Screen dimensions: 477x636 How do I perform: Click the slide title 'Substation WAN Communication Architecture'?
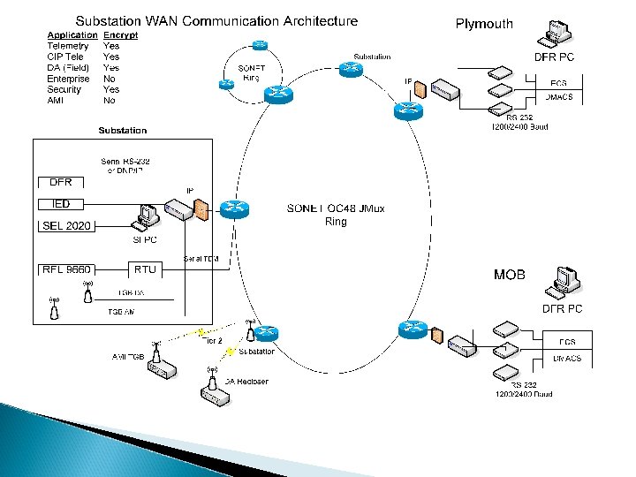(x=216, y=20)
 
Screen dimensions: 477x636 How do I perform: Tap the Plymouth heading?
(x=484, y=24)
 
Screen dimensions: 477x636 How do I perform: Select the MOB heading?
(x=509, y=275)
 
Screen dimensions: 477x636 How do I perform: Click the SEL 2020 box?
(x=67, y=226)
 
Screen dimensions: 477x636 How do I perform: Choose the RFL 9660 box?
(x=67, y=269)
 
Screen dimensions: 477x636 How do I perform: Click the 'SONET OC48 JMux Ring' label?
(x=336, y=215)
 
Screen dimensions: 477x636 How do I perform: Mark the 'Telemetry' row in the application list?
(x=68, y=46)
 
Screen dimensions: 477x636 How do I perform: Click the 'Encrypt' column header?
(x=119, y=34)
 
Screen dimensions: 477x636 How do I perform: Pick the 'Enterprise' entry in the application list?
(x=69, y=79)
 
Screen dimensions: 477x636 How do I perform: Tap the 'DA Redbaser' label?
(x=246, y=381)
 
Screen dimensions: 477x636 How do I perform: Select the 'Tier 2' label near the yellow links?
(x=213, y=339)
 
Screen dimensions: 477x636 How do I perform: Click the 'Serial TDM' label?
(x=201, y=258)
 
